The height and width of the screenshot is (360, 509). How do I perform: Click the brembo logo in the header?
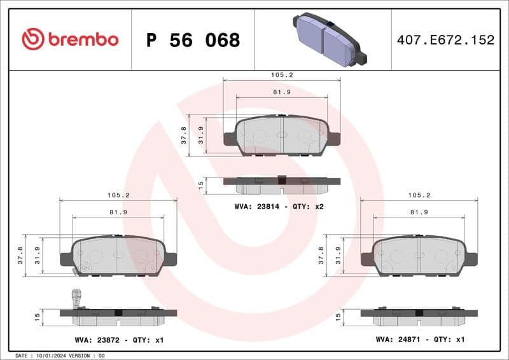click(70, 39)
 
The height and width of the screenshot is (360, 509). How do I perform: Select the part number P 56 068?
click(193, 40)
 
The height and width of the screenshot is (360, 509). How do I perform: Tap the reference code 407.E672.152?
click(445, 40)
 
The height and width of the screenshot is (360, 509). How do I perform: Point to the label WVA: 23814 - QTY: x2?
click(279, 207)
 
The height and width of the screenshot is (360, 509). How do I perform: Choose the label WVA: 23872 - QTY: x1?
click(118, 340)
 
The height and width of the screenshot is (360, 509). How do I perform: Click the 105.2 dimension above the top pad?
click(281, 75)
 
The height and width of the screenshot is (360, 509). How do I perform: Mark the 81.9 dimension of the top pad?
click(281, 92)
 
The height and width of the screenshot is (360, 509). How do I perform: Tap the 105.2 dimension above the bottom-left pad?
click(118, 195)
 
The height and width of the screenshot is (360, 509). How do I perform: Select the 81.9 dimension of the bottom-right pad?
click(419, 212)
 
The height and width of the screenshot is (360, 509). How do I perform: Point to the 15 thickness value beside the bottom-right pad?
click(338, 315)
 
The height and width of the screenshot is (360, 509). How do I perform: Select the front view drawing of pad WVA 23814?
click(282, 135)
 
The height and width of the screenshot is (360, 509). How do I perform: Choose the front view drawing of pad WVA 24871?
click(419, 256)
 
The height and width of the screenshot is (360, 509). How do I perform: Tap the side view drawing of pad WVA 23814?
click(282, 184)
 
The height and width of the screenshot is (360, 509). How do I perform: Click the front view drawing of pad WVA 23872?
click(118, 256)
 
